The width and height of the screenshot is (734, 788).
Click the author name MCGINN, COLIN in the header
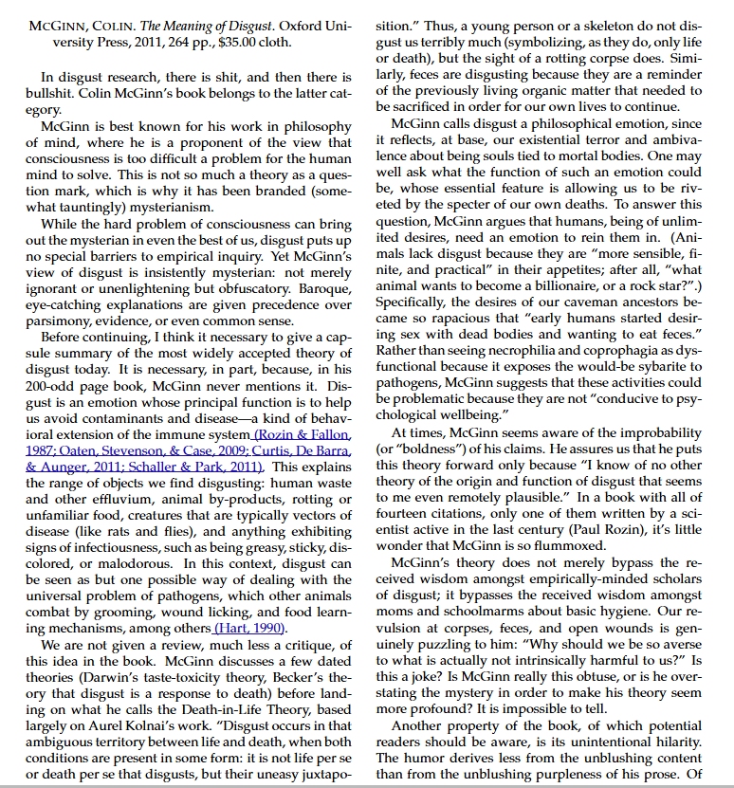(x=76, y=27)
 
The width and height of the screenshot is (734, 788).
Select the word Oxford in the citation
(x=295, y=27)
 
